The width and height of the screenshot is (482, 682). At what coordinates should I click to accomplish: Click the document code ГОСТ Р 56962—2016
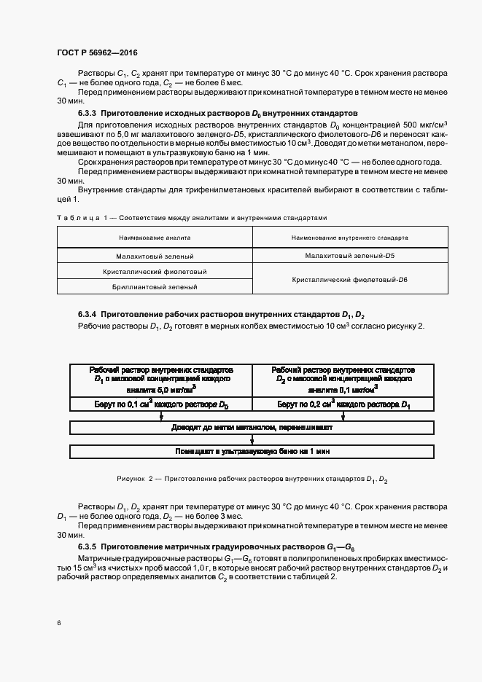pos(97,52)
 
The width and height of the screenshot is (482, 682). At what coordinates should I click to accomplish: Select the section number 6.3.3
pos(87,114)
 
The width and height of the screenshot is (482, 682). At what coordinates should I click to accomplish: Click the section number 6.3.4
pos(87,313)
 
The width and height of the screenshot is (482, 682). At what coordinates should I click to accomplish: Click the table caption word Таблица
pos(74,217)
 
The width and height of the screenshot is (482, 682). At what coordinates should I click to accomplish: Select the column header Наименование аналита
pos(155,238)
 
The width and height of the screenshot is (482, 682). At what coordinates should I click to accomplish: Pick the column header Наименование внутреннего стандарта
pos(349,238)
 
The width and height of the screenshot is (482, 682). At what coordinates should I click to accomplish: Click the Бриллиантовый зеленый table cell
pos(155,287)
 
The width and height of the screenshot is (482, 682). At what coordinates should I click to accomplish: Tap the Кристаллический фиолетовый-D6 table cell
pos(349,279)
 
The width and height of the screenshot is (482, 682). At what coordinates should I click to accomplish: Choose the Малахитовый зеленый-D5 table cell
pos(349,256)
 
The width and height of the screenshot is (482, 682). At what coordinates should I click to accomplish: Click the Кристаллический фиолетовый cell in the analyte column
pos(155,272)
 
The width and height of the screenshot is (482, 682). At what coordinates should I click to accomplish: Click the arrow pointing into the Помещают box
pos(252,440)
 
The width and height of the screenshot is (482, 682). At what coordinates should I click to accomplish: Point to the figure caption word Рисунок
pos(131,479)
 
